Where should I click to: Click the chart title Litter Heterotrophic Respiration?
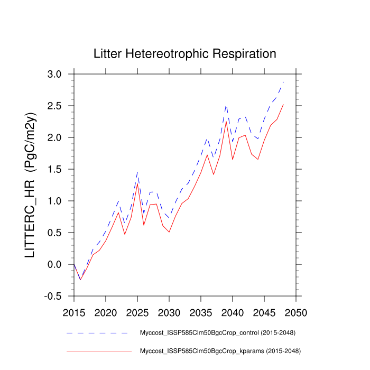(184, 54)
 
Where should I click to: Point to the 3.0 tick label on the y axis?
(58, 74)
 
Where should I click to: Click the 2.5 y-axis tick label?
(58, 106)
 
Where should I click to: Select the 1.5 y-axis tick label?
(58, 169)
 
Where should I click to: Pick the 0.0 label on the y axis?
(58, 264)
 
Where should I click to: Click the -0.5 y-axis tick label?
(56, 296)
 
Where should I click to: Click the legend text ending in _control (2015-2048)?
(217, 333)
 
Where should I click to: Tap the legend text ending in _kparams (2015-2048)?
(217, 351)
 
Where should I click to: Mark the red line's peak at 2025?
(137, 183)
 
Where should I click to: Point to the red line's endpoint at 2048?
(283, 104)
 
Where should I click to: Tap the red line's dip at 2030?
(169, 232)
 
